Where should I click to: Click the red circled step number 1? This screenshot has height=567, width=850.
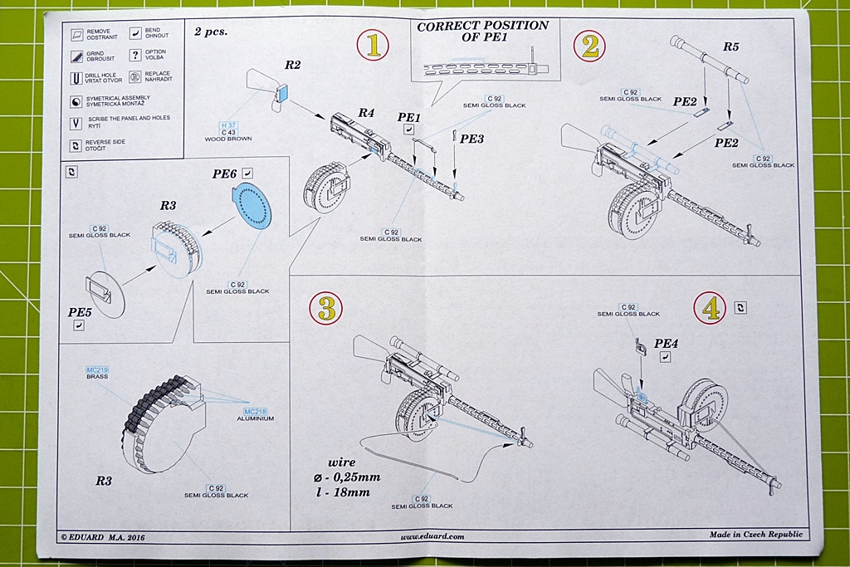(373, 46)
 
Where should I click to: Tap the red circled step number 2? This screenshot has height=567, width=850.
(590, 46)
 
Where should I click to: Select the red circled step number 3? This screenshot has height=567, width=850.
(326, 309)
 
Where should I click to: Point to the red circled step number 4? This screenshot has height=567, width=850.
(711, 309)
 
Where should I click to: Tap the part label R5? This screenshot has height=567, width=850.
(730, 46)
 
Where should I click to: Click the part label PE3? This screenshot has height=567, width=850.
(471, 139)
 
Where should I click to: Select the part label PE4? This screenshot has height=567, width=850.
(667, 343)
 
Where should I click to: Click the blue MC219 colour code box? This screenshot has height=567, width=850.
(97, 369)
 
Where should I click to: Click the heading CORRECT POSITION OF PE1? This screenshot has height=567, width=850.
(482, 32)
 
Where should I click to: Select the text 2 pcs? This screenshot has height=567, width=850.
(211, 32)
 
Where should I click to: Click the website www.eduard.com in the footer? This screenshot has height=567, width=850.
(432, 536)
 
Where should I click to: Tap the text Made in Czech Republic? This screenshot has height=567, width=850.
(752, 535)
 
